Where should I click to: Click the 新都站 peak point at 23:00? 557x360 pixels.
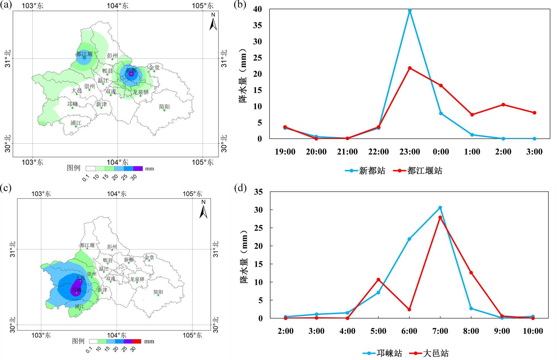[x=410, y=11]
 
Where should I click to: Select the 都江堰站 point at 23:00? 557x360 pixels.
[x=410, y=68]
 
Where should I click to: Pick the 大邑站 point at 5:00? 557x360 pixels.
[x=378, y=280]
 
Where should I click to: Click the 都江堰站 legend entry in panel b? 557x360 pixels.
[x=418, y=171]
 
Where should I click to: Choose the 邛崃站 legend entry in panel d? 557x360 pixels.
[x=383, y=353]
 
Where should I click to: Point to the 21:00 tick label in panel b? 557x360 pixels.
[x=347, y=152]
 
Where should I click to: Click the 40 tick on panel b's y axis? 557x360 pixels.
[x=257, y=9]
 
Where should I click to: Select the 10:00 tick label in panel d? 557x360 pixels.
[x=533, y=331]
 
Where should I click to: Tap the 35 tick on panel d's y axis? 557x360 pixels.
[x=258, y=192]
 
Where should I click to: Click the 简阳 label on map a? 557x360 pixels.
[x=164, y=107]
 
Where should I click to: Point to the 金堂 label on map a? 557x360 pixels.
[x=154, y=67]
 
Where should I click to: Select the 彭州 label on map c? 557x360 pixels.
[x=112, y=246]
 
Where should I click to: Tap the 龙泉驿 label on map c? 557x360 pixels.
[x=137, y=279]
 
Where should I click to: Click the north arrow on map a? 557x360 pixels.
[x=213, y=22]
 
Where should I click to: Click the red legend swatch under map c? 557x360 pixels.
[x=137, y=341]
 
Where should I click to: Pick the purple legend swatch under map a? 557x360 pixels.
[x=138, y=168]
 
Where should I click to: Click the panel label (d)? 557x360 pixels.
[x=240, y=188]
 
